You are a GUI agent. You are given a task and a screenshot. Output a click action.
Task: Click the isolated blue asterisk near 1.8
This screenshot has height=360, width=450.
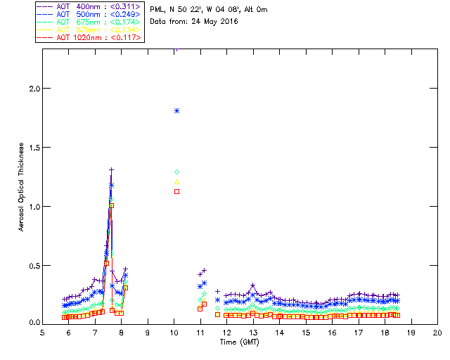click(177, 110)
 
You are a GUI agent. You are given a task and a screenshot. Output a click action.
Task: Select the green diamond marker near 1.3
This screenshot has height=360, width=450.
click(177, 172)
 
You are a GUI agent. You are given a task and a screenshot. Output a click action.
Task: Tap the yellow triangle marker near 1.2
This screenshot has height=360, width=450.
click(177, 182)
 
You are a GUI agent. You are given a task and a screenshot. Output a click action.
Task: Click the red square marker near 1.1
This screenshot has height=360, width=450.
click(177, 191)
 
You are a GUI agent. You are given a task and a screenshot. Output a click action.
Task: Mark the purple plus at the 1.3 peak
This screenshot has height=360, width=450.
click(111, 169)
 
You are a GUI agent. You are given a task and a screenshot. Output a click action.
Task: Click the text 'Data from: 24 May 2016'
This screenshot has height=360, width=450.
click(194, 21)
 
